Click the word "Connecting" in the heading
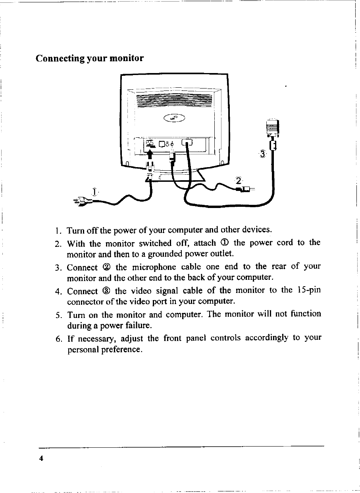pyautogui.click(x=60, y=58)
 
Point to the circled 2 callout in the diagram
pyautogui.click(x=239, y=180)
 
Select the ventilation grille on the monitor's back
pyautogui.click(x=174, y=101)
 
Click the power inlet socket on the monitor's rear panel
pyautogui.click(x=150, y=143)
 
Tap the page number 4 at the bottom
pyautogui.click(x=40, y=458)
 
